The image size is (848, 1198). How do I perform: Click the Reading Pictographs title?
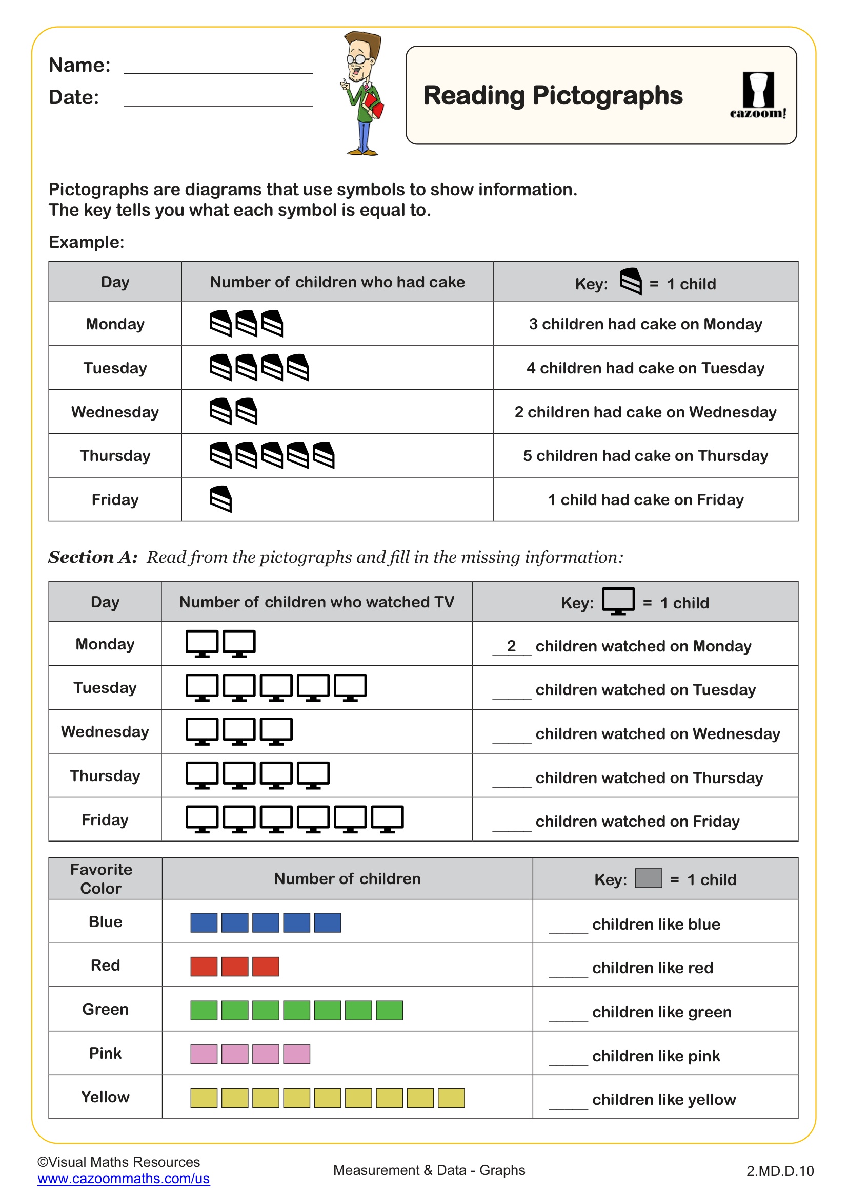553,95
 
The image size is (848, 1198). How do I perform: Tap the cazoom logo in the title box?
758,95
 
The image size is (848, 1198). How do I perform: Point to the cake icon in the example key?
631,282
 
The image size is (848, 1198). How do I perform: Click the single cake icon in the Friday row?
220,499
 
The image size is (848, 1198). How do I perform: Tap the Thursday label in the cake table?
115,455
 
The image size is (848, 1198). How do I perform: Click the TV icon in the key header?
618,601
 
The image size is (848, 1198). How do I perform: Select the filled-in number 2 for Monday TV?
511,646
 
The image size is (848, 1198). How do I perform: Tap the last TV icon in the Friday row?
387,818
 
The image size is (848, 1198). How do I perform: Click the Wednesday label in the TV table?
105,731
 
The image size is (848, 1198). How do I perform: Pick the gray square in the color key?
649,878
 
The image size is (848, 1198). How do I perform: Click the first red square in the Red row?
204,966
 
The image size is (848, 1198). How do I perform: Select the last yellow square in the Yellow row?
451,1098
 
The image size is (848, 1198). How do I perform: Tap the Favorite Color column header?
101,879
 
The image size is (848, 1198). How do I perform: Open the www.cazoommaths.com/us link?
123,1178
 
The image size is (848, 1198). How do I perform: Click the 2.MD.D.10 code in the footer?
780,1171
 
